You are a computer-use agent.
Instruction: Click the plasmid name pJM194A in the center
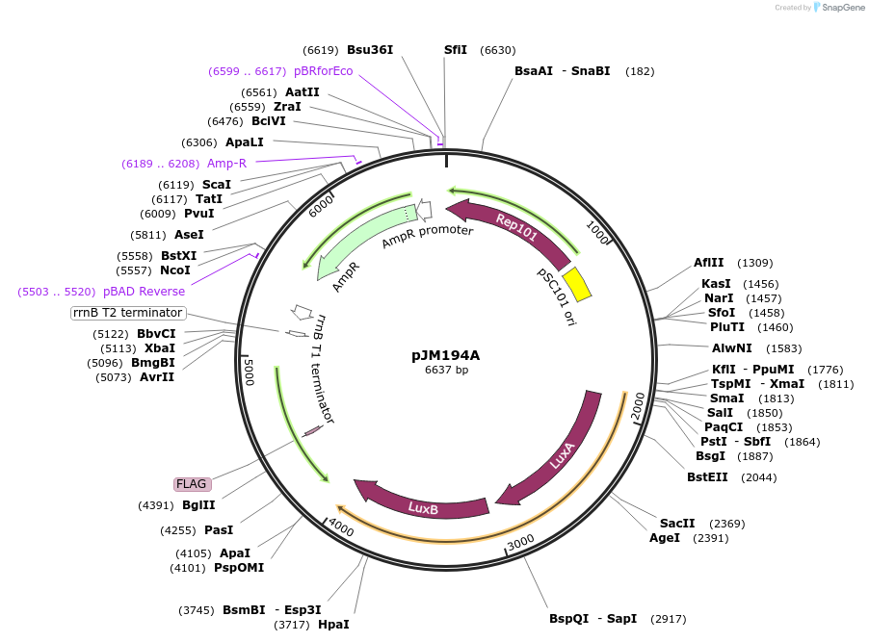point(445,354)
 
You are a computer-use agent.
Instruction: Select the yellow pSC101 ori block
point(576,284)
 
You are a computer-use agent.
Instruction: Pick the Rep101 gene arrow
point(511,228)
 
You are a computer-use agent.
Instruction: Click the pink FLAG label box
point(191,484)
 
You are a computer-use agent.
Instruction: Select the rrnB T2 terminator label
point(128,313)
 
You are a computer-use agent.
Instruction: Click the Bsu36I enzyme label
point(370,50)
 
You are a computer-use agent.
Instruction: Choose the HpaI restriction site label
point(333,625)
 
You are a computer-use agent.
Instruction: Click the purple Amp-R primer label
point(226,164)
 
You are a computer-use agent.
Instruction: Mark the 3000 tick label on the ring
point(520,544)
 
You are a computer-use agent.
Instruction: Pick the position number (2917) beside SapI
point(670,619)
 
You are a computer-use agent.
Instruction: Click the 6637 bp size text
point(446,370)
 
